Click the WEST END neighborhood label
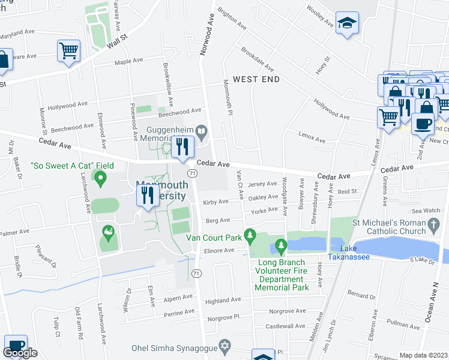256,79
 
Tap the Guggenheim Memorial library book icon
203,130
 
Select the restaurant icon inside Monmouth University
145,195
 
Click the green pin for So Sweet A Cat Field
101,178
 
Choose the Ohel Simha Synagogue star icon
226,347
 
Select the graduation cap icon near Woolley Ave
346,23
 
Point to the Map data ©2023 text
423,355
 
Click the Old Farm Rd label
77,323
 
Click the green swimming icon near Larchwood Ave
109,230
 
